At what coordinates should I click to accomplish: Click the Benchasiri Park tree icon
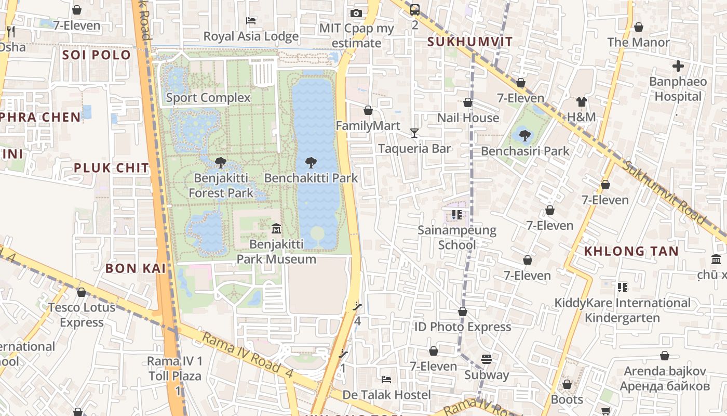click(x=524, y=136)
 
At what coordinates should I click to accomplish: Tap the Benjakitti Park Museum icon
click(x=276, y=228)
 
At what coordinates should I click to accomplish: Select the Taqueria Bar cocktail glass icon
click(x=414, y=133)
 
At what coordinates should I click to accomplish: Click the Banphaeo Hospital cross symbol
click(x=678, y=66)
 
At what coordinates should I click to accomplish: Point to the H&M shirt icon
click(x=581, y=102)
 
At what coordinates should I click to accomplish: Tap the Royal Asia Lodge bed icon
click(x=251, y=21)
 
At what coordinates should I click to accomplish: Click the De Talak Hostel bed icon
click(x=386, y=379)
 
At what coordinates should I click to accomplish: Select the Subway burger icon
click(x=486, y=359)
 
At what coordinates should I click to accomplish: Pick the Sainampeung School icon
click(x=456, y=214)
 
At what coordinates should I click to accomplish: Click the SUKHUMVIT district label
click(x=469, y=42)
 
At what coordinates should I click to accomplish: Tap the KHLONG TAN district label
click(x=631, y=251)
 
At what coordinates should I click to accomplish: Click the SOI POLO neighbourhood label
click(x=97, y=55)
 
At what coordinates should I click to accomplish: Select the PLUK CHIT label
click(x=111, y=168)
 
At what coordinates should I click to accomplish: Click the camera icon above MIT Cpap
click(x=356, y=13)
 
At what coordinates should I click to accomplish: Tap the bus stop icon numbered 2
click(x=414, y=9)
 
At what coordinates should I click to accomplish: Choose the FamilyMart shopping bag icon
click(x=368, y=110)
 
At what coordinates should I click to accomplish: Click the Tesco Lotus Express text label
click(x=82, y=315)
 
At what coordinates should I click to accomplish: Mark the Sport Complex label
click(x=208, y=98)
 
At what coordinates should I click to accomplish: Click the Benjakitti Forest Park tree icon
click(x=221, y=162)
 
